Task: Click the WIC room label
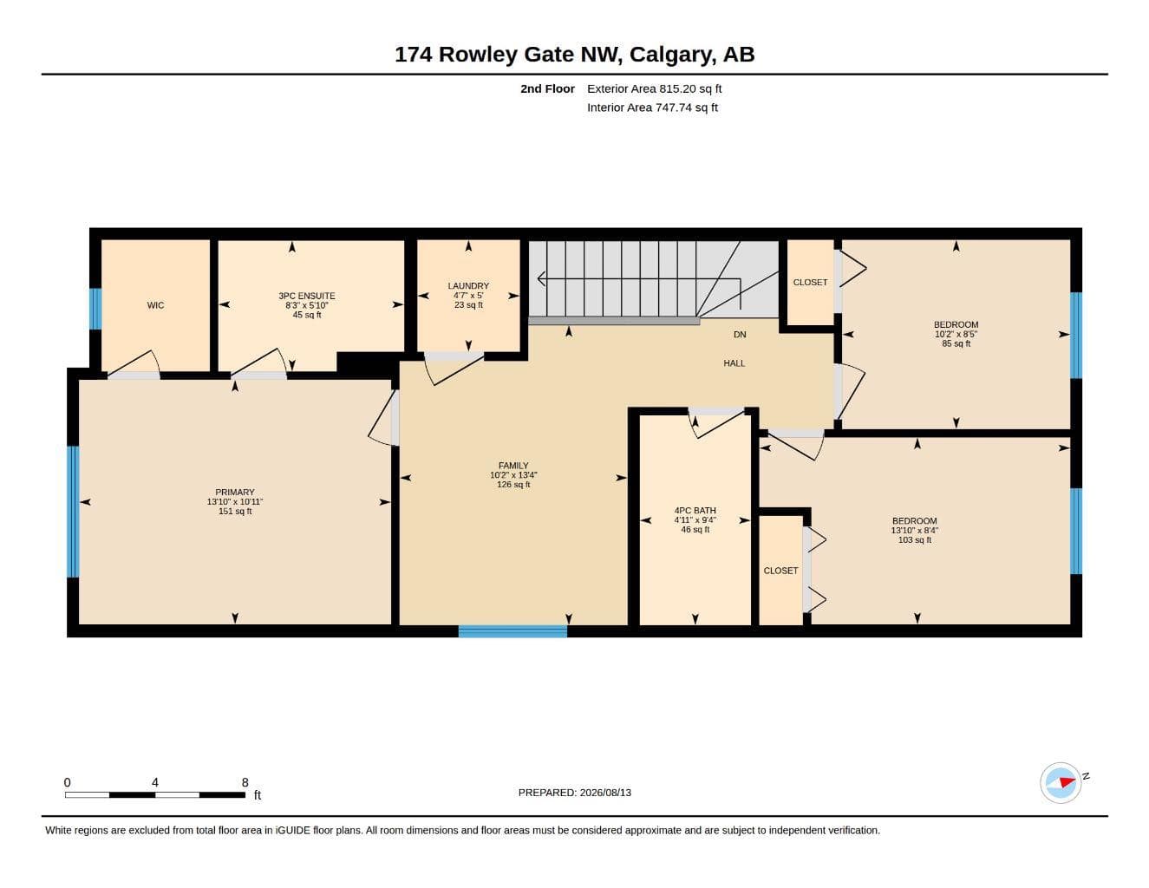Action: pos(155,305)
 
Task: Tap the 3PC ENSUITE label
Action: pos(307,296)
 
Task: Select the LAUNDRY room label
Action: pos(468,286)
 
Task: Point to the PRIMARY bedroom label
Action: pos(235,492)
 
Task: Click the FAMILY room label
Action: pos(513,466)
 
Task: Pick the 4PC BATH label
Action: pos(695,511)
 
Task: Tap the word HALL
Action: pos(734,363)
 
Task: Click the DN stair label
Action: pos(740,335)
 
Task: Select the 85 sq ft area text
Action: pos(956,343)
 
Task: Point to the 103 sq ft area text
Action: pos(914,539)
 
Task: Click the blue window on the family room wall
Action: pos(512,631)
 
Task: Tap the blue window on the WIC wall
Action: pos(95,309)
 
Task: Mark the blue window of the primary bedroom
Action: pos(73,512)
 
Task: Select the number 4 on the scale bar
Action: pos(155,782)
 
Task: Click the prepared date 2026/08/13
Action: pos(605,793)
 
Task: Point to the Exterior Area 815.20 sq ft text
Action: pos(654,88)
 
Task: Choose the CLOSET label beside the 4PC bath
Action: pos(780,571)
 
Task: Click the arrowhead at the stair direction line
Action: pos(541,278)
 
